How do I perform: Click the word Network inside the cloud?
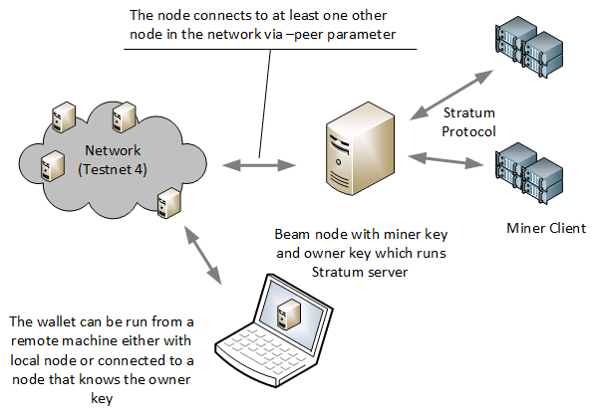tap(114, 152)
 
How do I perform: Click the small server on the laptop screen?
tap(291, 311)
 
